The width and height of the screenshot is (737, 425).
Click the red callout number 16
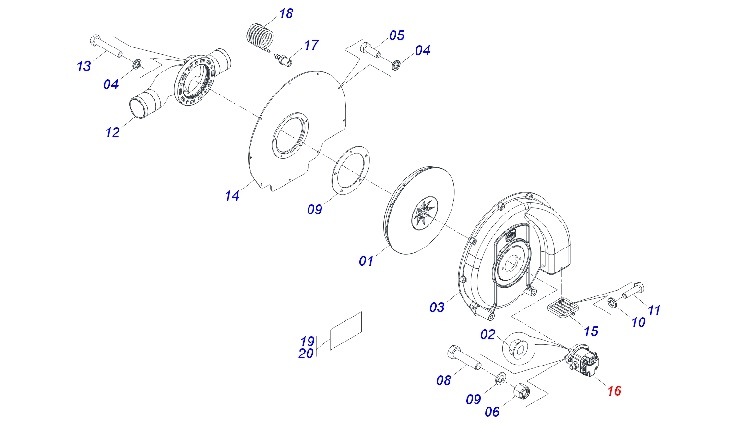click(614, 391)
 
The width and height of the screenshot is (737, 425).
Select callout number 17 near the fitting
click(311, 45)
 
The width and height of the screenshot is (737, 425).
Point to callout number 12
click(112, 132)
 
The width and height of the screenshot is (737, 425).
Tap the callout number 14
click(232, 196)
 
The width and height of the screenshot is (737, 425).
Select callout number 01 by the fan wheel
click(366, 261)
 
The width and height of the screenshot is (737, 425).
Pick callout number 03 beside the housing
click(437, 307)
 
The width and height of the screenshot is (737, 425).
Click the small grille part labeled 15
click(563, 308)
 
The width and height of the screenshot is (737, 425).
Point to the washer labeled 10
click(612, 302)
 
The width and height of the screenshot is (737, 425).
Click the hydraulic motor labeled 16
click(582, 361)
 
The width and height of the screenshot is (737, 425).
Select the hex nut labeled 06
click(522, 391)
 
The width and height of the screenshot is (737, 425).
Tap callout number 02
click(487, 334)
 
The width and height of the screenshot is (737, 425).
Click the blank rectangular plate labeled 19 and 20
click(346, 331)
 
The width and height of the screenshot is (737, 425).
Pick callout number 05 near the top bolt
click(396, 35)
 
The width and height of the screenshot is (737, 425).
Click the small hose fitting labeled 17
click(282, 59)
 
